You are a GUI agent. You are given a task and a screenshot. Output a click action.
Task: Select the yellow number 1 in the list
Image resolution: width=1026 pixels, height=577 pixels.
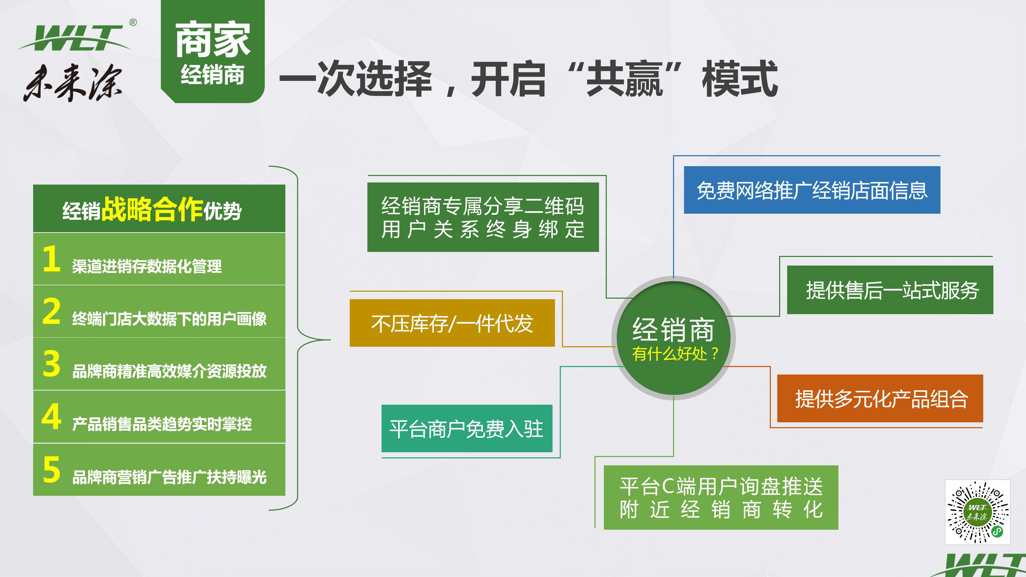(x=51, y=259)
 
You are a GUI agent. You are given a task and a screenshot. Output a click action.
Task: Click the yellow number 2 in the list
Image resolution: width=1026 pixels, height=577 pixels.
(x=51, y=311)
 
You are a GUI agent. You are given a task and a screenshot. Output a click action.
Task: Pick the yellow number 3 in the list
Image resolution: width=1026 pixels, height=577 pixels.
(x=51, y=364)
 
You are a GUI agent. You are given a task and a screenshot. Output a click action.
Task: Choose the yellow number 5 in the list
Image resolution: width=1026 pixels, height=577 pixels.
(x=51, y=470)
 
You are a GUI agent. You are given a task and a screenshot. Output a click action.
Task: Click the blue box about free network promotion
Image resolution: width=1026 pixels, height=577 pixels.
(x=812, y=190)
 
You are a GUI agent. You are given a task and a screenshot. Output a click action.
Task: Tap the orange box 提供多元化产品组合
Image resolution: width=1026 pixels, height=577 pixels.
(x=880, y=398)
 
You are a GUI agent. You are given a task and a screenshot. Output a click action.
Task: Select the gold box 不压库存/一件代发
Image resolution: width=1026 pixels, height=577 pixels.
(x=452, y=323)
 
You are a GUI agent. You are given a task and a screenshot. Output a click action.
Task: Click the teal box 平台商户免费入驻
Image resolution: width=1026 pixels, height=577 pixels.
(x=467, y=428)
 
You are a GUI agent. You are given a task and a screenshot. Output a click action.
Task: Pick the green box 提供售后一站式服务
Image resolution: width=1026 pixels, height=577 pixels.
(x=890, y=290)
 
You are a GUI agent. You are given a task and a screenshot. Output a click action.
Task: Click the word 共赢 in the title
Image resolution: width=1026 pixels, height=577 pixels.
(x=624, y=79)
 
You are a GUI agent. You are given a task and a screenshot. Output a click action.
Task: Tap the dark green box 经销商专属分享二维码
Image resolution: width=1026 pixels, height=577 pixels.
(x=483, y=217)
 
